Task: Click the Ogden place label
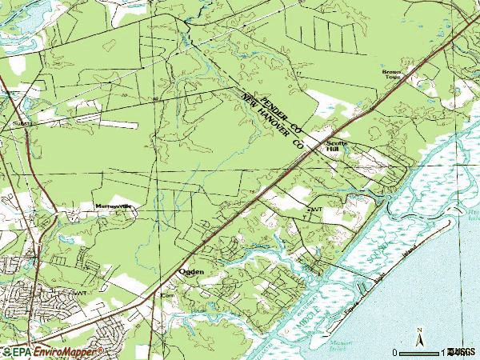tap(190, 272)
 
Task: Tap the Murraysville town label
tap(114, 206)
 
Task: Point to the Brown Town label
tap(392, 74)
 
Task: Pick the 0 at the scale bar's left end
tap(395, 352)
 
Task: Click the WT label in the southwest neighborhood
tap(79, 293)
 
